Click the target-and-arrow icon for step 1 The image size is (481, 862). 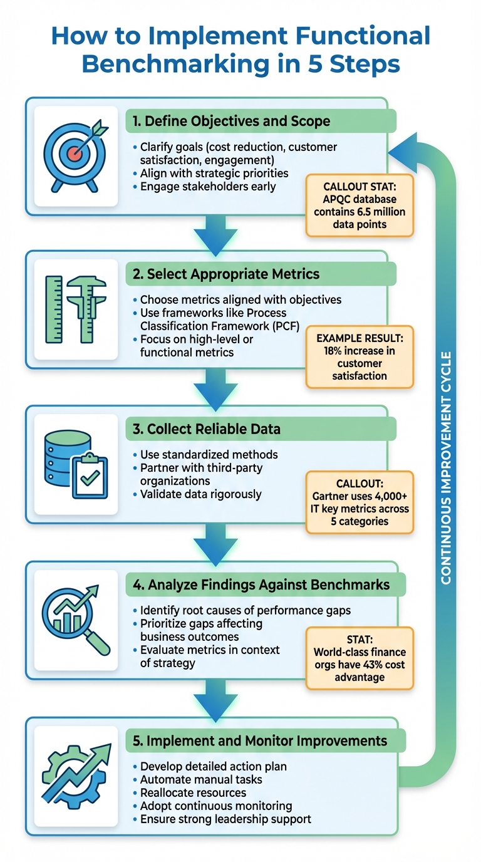(76, 157)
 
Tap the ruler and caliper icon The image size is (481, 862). (76, 309)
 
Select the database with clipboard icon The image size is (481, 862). (76, 464)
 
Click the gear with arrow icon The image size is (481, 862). (76, 775)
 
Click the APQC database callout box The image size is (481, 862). (359, 205)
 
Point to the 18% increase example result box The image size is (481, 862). (359, 357)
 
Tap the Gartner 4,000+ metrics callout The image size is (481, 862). (359, 502)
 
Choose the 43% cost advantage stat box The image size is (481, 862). (359, 658)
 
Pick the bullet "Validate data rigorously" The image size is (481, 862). (200, 494)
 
